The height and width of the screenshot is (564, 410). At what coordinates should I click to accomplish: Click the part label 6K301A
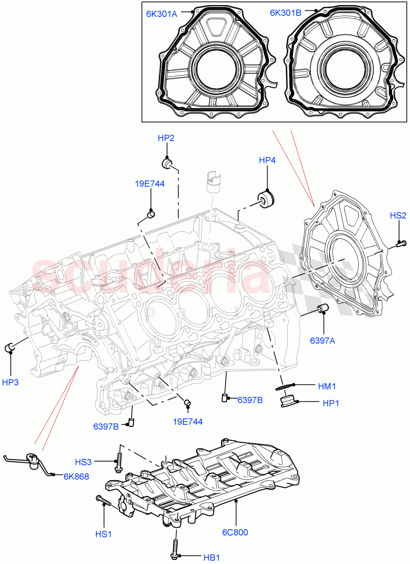point(161,14)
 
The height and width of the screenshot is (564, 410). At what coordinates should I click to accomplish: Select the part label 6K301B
point(285,13)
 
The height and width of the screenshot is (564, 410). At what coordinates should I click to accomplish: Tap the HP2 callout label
point(166,138)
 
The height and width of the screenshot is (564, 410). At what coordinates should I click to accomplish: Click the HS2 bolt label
point(398,215)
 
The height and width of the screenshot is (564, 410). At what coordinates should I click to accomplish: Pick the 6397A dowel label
point(322,341)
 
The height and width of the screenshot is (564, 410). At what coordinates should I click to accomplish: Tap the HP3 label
point(10,382)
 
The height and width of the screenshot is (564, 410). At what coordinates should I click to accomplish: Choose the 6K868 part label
point(76,475)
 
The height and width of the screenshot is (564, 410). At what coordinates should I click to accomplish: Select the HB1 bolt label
point(212,557)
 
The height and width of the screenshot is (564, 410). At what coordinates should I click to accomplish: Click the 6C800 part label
point(235,532)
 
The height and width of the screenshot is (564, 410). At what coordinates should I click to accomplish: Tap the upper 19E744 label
point(151,184)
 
